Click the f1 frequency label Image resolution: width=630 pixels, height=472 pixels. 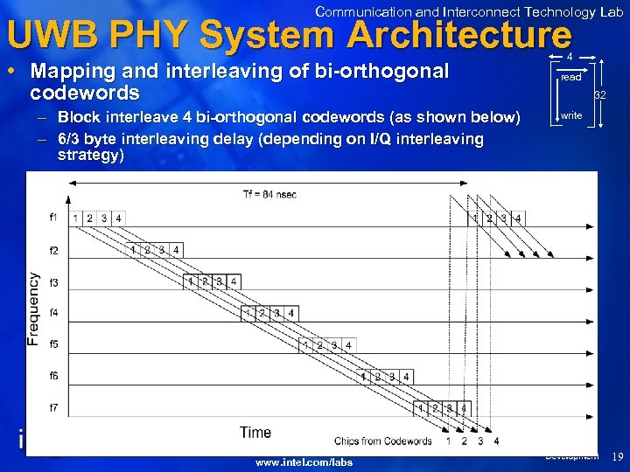click(x=53, y=217)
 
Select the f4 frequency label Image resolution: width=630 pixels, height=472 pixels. click(x=53, y=312)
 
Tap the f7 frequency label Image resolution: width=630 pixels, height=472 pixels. click(x=53, y=408)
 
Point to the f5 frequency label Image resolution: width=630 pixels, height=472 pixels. click(x=53, y=344)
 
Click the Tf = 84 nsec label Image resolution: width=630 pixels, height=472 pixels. click(x=269, y=193)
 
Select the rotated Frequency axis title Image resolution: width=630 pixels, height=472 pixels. click(x=33, y=309)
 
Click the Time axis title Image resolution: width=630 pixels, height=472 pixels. click(x=255, y=432)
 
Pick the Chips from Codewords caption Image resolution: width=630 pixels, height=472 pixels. click(x=383, y=441)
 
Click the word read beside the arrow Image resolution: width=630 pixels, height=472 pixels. click(x=570, y=77)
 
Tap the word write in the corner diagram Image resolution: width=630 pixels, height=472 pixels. click(x=571, y=115)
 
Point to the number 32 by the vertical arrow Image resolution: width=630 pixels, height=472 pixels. click(x=600, y=94)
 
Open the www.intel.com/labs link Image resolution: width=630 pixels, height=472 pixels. click(x=304, y=462)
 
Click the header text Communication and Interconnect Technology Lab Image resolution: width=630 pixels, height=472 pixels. click(x=469, y=11)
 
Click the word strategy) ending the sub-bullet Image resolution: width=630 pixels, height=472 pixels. click(x=90, y=155)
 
